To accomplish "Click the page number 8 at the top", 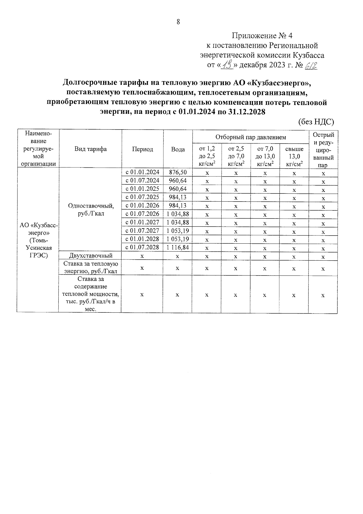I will click(178, 22).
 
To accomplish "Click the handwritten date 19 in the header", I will click(227, 64).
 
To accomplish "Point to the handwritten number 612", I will click(311, 65).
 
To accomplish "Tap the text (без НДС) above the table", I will click(316, 122).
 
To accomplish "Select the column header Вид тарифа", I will click(90, 149).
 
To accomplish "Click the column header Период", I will click(142, 149).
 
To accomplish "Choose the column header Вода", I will click(178, 149).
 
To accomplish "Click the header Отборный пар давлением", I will click(250, 137).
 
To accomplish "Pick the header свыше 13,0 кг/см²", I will click(294, 157).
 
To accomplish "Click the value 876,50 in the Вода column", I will click(178, 172).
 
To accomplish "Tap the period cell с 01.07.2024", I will click(142, 181).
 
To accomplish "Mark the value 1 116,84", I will click(178, 247).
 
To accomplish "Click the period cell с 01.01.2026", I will click(142, 206).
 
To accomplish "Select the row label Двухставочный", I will click(90, 256).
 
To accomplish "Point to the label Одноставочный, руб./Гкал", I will click(90, 209).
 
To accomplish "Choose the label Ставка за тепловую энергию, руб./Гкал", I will click(90, 268).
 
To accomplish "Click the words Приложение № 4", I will click(262, 36).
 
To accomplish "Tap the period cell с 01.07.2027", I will click(142, 231).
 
